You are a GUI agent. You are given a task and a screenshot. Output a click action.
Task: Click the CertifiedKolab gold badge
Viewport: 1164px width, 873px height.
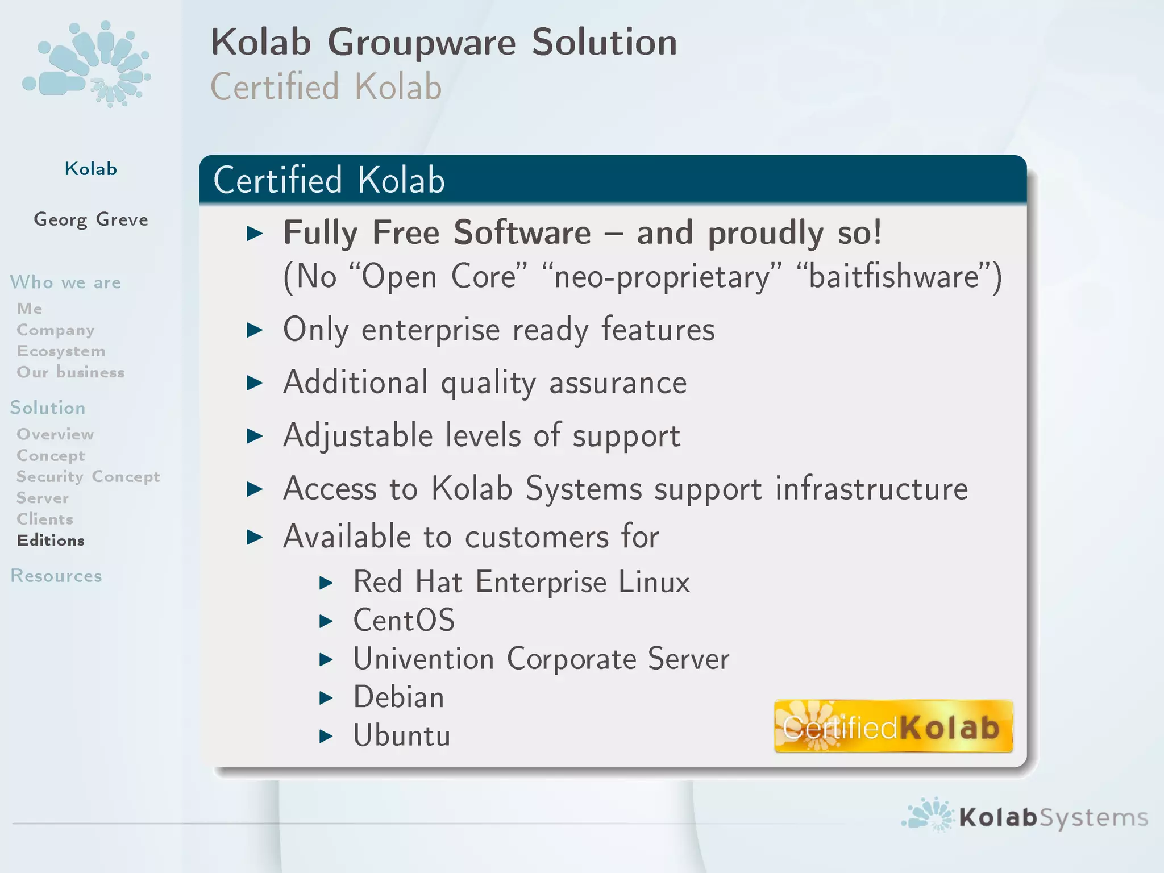(x=893, y=726)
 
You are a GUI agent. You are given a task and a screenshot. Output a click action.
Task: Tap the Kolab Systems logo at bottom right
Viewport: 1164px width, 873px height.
(x=1024, y=816)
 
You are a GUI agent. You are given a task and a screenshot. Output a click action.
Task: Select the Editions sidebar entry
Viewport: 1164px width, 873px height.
(x=51, y=540)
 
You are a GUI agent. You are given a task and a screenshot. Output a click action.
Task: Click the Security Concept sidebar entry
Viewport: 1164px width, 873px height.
(x=88, y=476)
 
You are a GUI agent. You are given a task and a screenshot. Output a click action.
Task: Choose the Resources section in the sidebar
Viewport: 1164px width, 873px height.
(x=56, y=576)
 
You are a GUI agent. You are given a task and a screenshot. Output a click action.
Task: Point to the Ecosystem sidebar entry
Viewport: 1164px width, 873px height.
(x=61, y=351)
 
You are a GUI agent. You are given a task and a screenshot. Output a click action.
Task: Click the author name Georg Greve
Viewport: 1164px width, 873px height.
(x=91, y=219)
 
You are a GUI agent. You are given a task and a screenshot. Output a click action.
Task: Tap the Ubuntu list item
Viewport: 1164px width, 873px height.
(x=402, y=735)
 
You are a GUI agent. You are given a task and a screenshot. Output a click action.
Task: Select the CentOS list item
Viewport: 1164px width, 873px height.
(x=404, y=620)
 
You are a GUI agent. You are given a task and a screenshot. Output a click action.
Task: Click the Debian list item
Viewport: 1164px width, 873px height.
(x=398, y=697)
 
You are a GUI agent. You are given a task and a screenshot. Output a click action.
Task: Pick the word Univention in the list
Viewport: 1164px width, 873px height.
(x=423, y=659)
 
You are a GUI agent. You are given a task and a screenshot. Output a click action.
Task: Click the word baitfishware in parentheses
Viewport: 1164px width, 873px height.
(x=894, y=277)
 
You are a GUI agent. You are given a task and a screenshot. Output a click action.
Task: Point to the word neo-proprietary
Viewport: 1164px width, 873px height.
(x=662, y=277)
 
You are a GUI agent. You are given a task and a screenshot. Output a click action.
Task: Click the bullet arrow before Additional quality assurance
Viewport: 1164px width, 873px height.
(x=255, y=383)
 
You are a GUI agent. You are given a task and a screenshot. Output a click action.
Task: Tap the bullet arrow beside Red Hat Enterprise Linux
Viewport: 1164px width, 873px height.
(x=326, y=583)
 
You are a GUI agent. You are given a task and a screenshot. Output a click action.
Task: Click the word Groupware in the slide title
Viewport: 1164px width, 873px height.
(x=421, y=43)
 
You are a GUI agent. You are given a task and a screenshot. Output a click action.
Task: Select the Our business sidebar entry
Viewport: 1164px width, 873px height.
(x=70, y=372)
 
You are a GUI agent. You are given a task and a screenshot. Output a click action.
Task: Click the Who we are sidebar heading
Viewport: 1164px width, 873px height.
(x=65, y=282)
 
